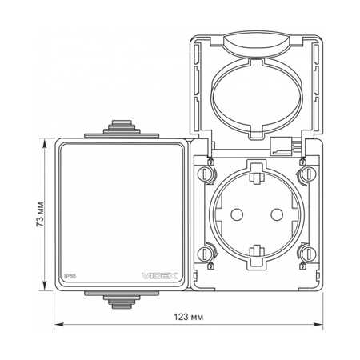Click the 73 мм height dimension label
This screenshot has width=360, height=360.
coord(40,214)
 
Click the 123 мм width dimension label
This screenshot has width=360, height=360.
coord(188,317)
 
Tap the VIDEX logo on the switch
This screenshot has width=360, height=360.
coord(159,276)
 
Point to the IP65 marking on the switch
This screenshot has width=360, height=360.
coord(70,276)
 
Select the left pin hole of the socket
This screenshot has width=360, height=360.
coord(237,214)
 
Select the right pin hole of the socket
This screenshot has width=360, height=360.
coord(277,214)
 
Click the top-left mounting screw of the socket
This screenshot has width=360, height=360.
coord(205,174)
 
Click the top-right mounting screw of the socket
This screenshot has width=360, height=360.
coord(309,174)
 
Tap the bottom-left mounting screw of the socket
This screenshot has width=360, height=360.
coord(205,254)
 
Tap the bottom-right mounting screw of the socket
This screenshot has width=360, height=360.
coord(309,254)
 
